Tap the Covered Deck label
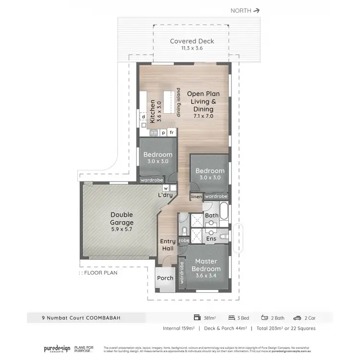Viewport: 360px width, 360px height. [192, 44]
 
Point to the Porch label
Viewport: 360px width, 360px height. [166, 278]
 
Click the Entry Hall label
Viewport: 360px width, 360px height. [168, 245]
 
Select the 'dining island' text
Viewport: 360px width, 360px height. [178, 103]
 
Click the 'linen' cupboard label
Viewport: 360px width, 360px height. [196, 197]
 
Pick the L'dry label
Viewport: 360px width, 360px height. [166, 195]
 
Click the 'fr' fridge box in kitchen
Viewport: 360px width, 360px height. [171, 132]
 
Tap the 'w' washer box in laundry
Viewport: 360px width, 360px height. [166, 188]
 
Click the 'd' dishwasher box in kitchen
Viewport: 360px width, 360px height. [143, 117]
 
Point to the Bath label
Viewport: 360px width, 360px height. [212, 216]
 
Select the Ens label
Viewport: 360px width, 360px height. [211, 238]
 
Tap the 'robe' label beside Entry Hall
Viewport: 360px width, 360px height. [183, 240]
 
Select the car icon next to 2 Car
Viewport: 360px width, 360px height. [297, 317]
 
